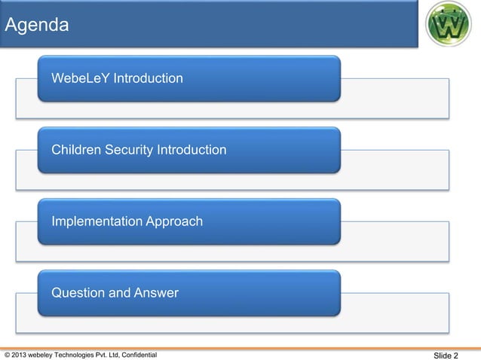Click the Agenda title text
(x=37, y=26)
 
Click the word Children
(x=75, y=150)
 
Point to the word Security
(x=128, y=150)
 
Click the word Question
(x=78, y=293)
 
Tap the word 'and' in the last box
(x=121, y=293)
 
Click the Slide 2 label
(x=446, y=355)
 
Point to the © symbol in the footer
(x=8, y=355)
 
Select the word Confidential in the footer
(x=137, y=355)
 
